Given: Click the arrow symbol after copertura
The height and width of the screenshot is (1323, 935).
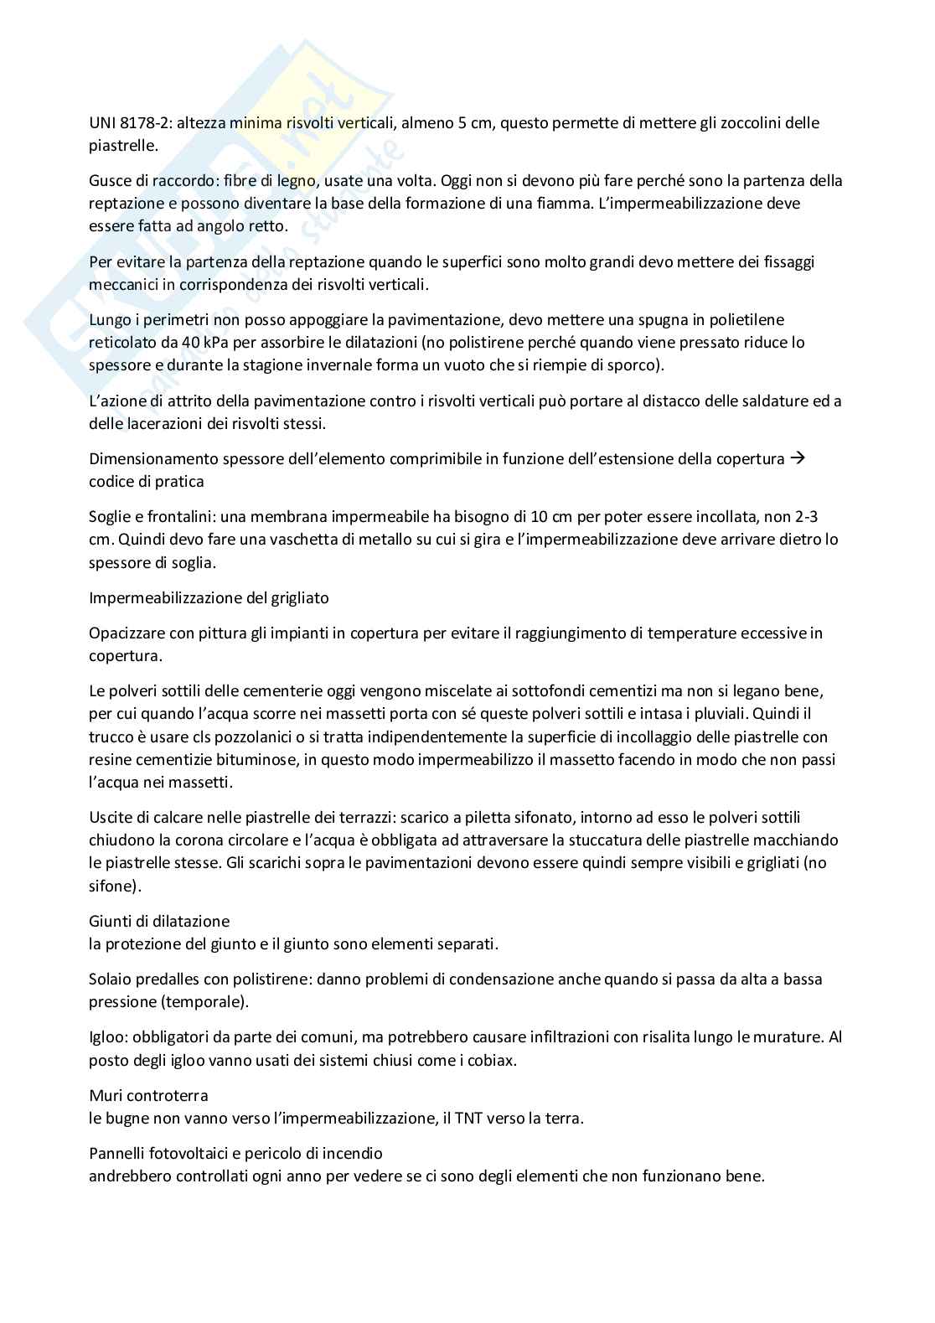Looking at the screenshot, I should [798, 458].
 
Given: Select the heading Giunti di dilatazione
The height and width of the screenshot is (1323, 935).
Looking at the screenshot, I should [159, 922].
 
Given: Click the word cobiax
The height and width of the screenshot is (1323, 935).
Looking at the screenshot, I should [488, 1060].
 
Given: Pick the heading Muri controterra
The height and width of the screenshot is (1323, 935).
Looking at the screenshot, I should [148, 1095].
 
